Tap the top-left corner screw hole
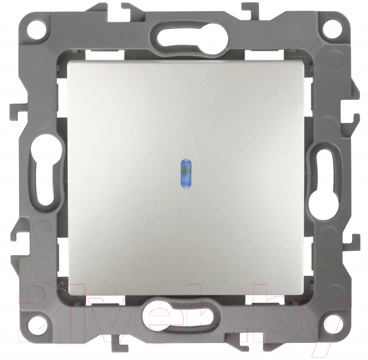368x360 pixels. tap(36, 30)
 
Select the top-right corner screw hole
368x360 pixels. tap(331, 29)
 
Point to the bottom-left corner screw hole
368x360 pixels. tap(37, 325)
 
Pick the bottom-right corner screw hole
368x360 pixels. tap(332, 325)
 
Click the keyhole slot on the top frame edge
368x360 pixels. tap(184, 38)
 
